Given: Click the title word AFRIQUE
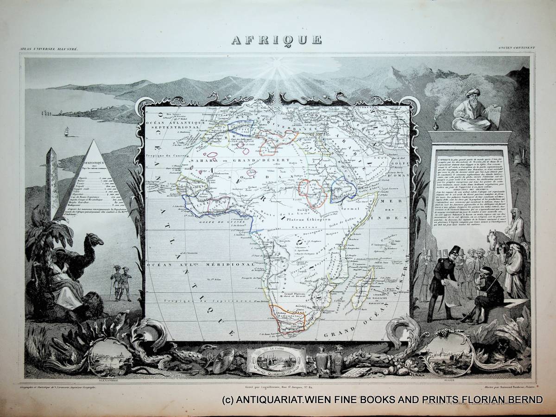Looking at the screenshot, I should tap(277, 40).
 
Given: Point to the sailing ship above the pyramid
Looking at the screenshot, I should tap(66, 131).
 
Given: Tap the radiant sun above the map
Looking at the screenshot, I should tap(277, 72).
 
